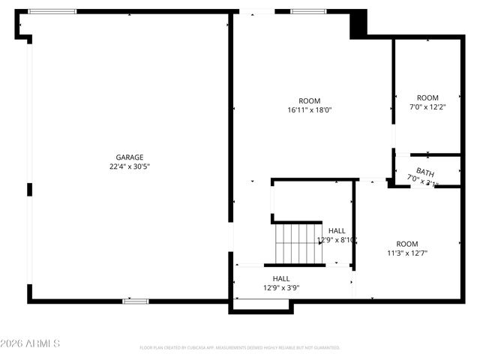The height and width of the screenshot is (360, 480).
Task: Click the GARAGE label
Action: pyautogui.click(x=129, y=157)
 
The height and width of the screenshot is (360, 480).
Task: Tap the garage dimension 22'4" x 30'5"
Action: pyautogui.click(x=129, y=166)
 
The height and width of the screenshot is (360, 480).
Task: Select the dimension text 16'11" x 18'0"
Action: pyautogui.click(x=309, y=110)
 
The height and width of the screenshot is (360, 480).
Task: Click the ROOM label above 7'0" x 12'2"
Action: pyautogui.click(x=427, y=97)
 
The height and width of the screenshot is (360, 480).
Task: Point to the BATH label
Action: pyautogui.click(x=425, y=172)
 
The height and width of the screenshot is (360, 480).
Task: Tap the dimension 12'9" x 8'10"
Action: pyautogui.click(x=337, y=240)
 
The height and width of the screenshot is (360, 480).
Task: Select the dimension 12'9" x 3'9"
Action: pyautogui.click(x=281, y=287)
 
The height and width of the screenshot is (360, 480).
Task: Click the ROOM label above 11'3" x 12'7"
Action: pyautogui.click(x=407, y=244)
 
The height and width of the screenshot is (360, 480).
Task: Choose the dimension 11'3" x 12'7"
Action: pyautogui.click(x=407, y=253)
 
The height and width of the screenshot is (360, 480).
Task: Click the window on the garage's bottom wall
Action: pyautogui.click(x=136, y=301)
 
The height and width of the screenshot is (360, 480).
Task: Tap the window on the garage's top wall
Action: pyautogui.click(x=52, y=11)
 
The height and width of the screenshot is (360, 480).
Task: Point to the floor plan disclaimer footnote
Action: pyautogui.click(x=240, y=348)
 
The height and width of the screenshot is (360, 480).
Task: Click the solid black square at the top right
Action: pyautogui.click(x=358, y=22)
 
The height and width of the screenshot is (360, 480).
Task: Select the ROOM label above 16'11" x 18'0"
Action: pyautogui.click(x=309, y=101)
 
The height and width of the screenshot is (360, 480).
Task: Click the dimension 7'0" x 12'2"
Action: pyautogui.click(x=427, y=106)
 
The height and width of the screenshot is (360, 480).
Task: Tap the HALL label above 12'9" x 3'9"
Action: pyautogui.click(x=281, y=278)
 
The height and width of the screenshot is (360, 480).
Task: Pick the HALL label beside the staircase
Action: pyautogui.click(x=337, y=230)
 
